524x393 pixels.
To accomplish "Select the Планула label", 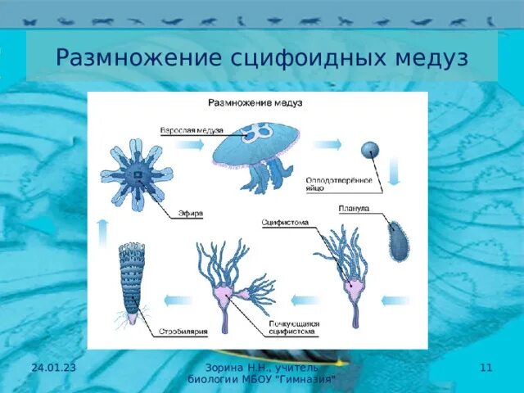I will [354, 209].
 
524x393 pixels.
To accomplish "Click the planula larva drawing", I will [399, 240].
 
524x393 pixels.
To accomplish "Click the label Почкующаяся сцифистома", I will [293, 328].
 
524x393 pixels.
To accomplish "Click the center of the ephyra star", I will [136, 174].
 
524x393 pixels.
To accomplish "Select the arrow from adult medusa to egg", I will [328, 144].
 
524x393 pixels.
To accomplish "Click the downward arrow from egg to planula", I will [394, 172].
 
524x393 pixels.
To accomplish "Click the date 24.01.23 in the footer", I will [53, 368].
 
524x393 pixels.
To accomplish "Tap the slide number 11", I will [486, 368].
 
